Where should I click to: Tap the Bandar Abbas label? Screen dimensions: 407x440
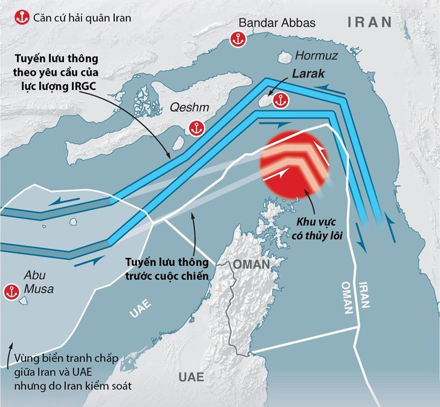pyautogui.click(x=277, y=23)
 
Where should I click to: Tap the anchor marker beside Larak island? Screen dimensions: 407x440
pyautogui.click(x=279, y=102)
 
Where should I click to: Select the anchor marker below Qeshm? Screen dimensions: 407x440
pyautogui.click(x=196, y=128)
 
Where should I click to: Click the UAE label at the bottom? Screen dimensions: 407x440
pyautogui.click(x=190, y=377)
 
